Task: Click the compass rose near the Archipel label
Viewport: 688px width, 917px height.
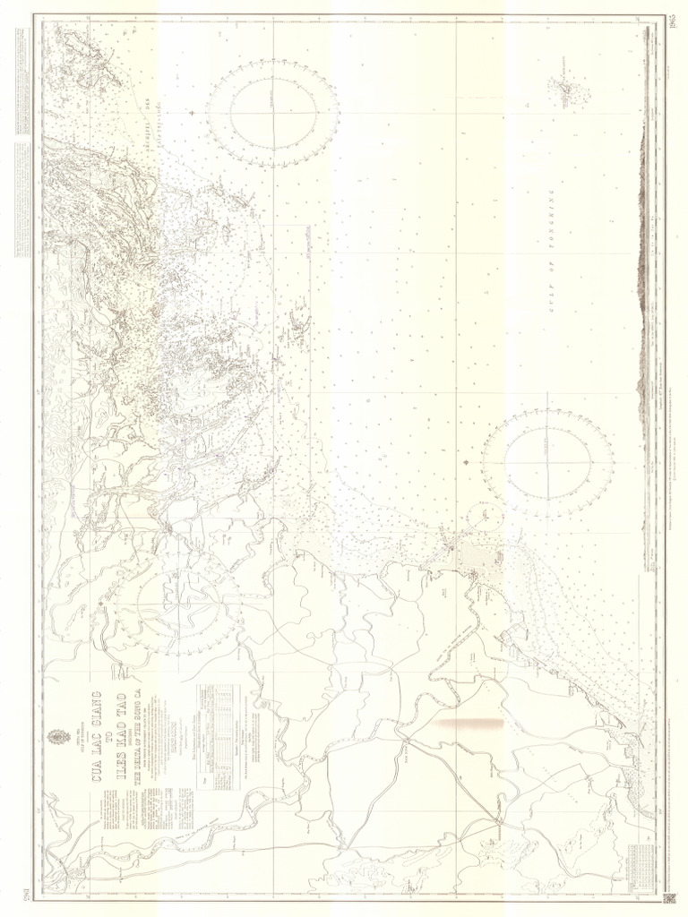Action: point(273,113)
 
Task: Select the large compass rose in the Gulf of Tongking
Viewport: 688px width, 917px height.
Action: point(546,462)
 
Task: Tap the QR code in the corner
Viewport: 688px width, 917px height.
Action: point(667,898)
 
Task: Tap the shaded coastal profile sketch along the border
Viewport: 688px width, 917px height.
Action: point(641,269)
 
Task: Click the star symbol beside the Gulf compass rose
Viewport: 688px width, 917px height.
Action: point(468,462)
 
